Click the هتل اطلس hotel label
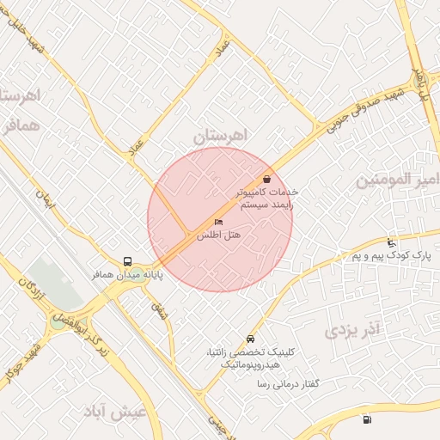(218, 235)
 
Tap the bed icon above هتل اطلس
(217, 223)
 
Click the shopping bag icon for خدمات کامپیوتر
(269, 180)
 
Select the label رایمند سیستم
(267, 206)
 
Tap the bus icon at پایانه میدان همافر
(127, 261)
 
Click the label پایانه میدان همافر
(128, 275)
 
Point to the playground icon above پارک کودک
(393, 242)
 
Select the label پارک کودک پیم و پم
(390, 255)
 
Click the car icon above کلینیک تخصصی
(250, 339)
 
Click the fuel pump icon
(368, 419)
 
